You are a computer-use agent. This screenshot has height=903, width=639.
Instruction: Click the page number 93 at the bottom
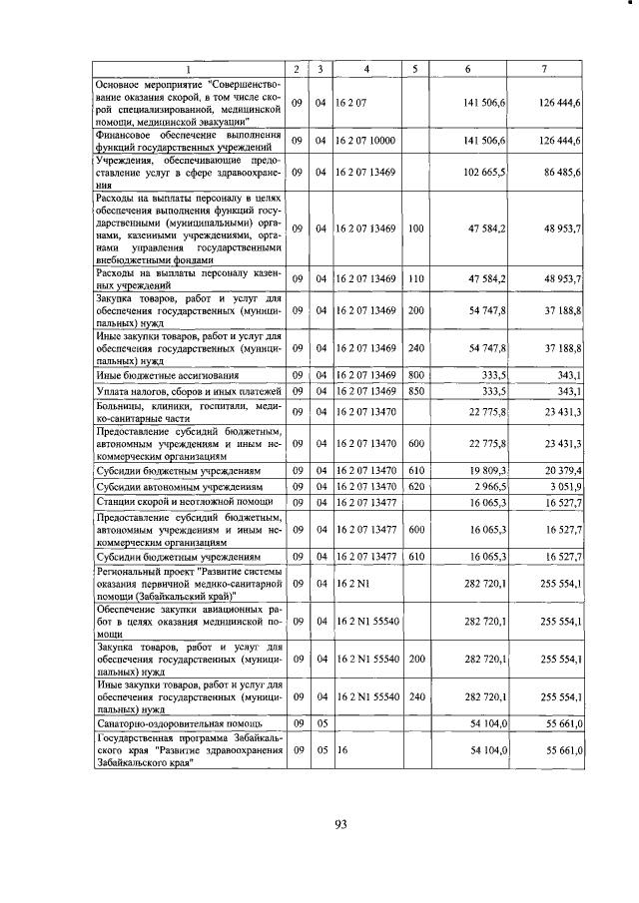tap(340, 823)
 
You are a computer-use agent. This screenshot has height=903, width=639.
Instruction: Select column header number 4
tap(367, 68)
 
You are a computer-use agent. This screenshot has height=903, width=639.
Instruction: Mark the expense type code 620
tap(416, 486)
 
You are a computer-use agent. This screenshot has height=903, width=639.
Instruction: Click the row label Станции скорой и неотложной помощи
tap(173, 502)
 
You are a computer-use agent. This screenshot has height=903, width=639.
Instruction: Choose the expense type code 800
tap(416, 374)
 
